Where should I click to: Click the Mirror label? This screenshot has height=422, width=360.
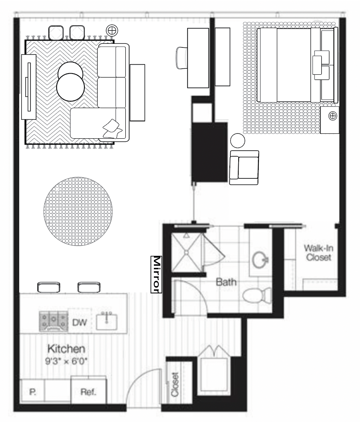pos(156,274)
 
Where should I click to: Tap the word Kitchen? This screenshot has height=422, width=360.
pos(66,349)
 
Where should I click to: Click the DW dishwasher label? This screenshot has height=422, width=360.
pos(80,322)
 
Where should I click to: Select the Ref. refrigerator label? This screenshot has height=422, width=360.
pos(88,392)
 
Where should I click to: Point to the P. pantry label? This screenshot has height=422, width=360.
pos(33,392)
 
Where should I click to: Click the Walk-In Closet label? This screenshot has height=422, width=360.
pos(319,253)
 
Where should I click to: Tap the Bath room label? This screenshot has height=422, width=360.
pos(226,282)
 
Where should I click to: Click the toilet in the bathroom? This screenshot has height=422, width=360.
pos(257,295)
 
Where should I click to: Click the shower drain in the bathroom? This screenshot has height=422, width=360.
pos(186,252)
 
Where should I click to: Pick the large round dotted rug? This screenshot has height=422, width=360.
pos(78,211)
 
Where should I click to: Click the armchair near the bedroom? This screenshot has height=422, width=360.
pos(244,168)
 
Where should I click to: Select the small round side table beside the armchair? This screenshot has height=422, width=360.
pos(237,141)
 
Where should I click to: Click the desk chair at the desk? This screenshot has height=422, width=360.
pos(182,58)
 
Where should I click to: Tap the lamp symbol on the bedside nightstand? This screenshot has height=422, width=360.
pos(333,116)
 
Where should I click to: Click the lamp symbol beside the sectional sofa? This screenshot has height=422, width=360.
pos(112,31)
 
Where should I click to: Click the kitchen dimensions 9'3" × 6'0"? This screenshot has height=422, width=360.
pos(66,361)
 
